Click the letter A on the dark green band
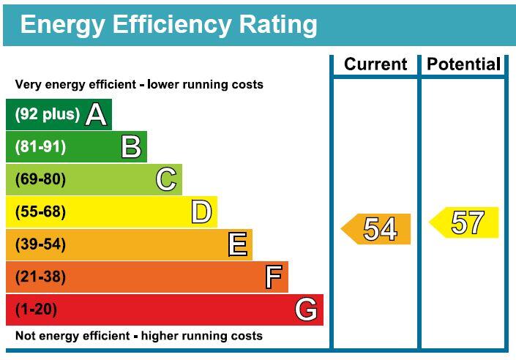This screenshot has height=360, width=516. coord(96,115)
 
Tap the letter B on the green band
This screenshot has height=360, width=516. coord(131,147)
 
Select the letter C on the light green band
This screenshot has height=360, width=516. coord(166,179)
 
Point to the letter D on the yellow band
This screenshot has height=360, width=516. coord(201,211)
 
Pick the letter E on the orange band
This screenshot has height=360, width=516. coord(238,244)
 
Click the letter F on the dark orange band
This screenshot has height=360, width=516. coord(274,277)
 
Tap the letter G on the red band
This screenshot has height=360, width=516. coord(306,310)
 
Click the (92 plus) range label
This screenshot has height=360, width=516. coord(48,115)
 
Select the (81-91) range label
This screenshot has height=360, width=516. coord(40,147)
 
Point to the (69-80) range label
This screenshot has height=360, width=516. coord(40,179)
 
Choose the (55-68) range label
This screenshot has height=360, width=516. coord(40,211)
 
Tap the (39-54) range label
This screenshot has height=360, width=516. coord(40,244)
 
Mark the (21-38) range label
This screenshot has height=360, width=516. coord(40,277)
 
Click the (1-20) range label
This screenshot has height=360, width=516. coord(36,310)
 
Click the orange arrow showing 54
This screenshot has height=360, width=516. coord(375,229)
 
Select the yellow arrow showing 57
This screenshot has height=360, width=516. coord(464,222)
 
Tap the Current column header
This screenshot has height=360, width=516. coord(375,64)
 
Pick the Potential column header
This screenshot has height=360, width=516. coord(464,64)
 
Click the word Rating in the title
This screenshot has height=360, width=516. coord(278,25)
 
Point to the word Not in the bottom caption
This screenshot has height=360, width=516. coord(25,336)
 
